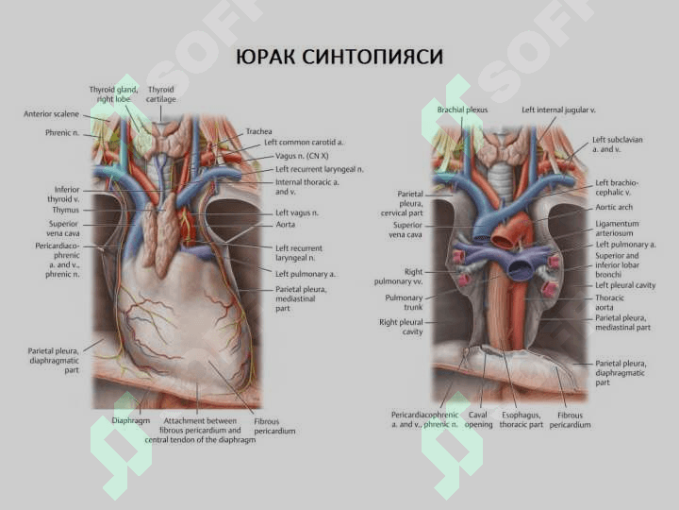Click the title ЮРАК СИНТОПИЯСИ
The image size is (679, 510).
click(x=339, y=58)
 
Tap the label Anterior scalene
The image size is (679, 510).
click(x=51, y=114)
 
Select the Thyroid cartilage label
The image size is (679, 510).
click(x=160, y=94)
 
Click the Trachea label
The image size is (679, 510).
click(x=259, y=131)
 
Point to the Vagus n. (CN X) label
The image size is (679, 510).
click(x=302, y=156)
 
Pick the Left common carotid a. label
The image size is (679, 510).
click(x=304, y=143)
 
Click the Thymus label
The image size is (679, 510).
click(x=66, y=210)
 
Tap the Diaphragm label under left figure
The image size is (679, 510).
click(x=131, y=420)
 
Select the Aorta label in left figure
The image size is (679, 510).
click(x=286, y=225)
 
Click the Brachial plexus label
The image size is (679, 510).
click(x=462, y=110)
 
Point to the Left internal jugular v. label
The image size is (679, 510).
click(x=558, y=110)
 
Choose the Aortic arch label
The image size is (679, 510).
click(x=614, y=207)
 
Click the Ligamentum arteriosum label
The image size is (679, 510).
click(x=617, y=229)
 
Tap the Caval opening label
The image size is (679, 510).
click(x=478, y=419)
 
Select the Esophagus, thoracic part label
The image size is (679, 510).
click(x=521, y=419)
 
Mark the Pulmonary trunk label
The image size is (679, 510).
click(x=404, y=302)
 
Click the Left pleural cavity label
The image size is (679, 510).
click(x=625, y=285)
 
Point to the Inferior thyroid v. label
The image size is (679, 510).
click(x=64, y=195)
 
